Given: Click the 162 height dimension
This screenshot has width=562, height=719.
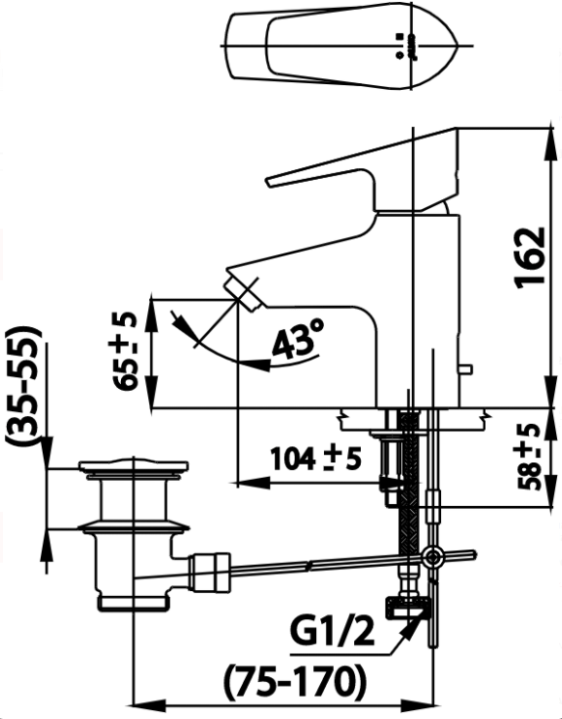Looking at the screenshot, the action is click(531, 257).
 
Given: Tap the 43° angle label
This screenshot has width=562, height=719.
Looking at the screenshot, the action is click(298, 338).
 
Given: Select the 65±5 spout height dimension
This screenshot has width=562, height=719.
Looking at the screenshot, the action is click(125, 352).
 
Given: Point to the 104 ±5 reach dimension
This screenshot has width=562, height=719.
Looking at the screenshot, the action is click(316, 459).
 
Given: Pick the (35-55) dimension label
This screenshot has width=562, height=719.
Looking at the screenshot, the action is click(23, 386).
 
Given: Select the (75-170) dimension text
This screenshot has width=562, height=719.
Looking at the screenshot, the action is click(296, 680).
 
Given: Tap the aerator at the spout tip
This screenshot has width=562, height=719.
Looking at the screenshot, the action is click(242, 294).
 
